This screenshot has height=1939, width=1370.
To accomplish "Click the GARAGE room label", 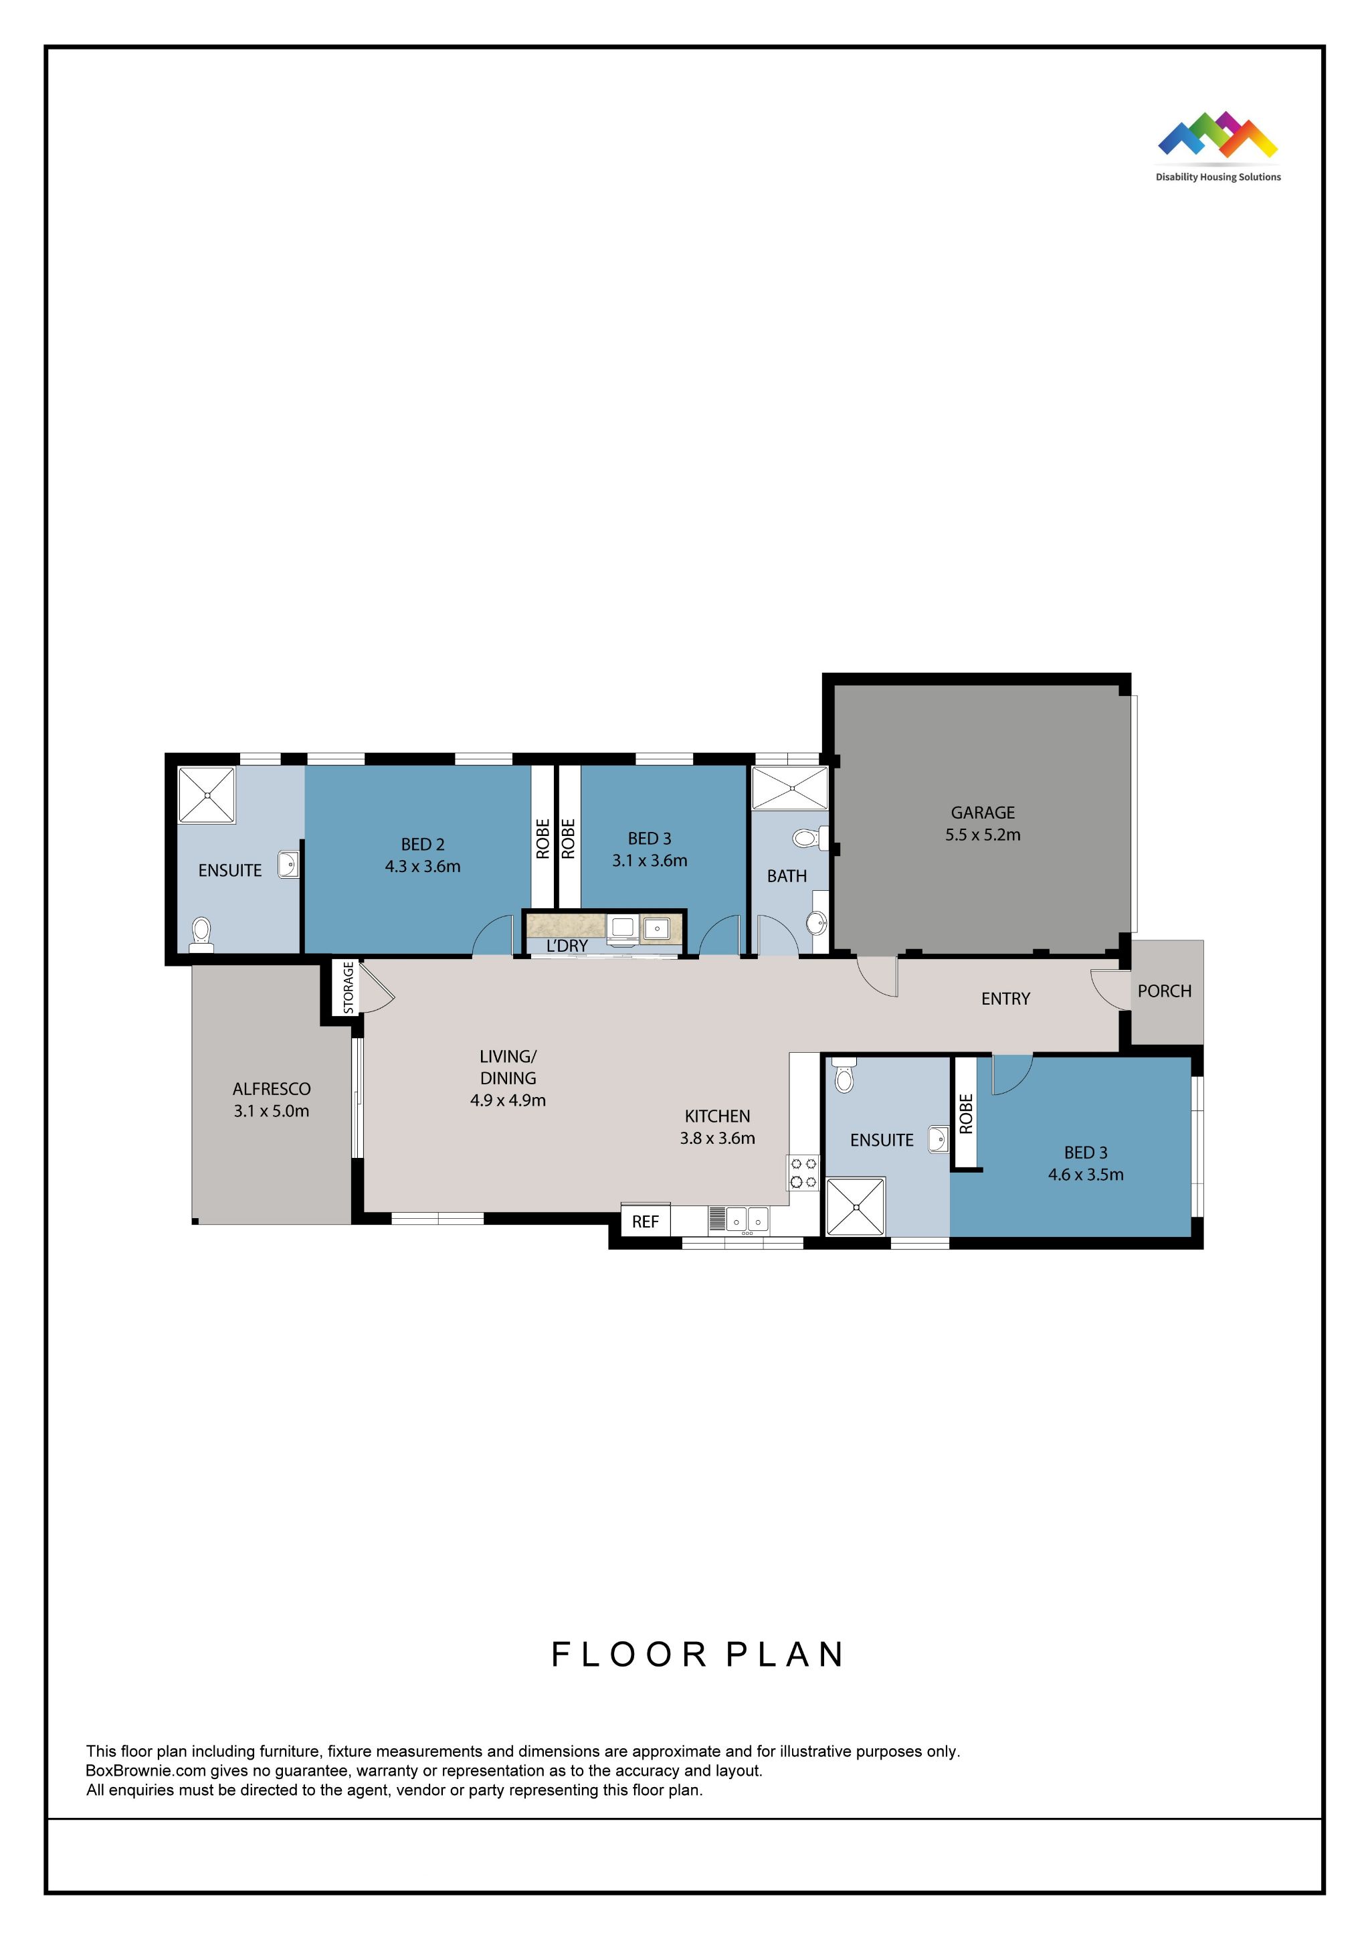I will click(982, 813).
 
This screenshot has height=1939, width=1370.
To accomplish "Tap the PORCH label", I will click(1164, 991).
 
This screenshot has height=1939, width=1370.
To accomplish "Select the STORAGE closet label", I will click(348, 987).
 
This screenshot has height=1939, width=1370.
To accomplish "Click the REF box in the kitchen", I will click(645, 1222).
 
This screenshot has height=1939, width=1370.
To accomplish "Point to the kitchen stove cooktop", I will click(803, 1173).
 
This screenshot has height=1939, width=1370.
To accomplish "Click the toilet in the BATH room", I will click(806, 839).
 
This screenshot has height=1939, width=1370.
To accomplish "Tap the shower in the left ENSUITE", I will click(207, 794).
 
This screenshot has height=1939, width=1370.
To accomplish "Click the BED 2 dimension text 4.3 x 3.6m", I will click(422, 867).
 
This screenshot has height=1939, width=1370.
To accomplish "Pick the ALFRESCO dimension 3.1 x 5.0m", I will click(271, 1111).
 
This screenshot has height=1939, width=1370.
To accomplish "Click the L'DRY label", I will click(567, 946).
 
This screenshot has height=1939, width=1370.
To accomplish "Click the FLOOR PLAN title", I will click(697, 1655).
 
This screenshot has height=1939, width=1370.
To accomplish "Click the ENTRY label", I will click(1005, 999).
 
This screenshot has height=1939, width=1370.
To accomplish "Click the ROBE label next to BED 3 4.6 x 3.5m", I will click(967, 1114).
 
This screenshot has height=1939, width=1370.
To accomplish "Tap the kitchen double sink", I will click(747, 1219).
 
